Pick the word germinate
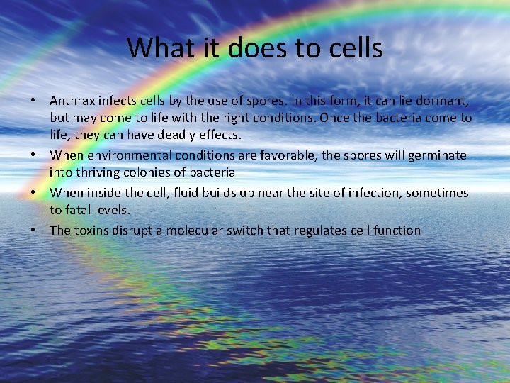tap(438, 155)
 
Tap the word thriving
tap(88, 173)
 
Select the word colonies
tap(142, 173)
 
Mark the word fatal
tap(79, 211)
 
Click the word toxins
tap(93, 230)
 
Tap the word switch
tap(267, 230)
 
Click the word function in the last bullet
tap(397, 230)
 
